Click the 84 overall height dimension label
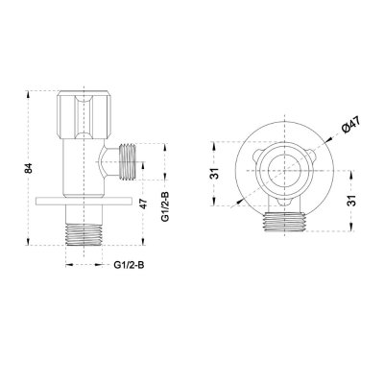click(30, 168)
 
